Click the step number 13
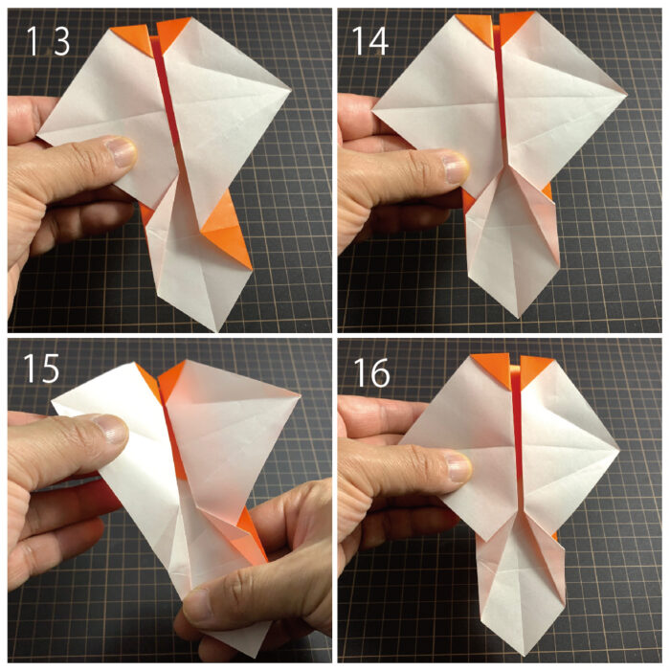click(48, 41)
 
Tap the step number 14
click(370, 41)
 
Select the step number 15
click(41, 368)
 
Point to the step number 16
click(371, 372)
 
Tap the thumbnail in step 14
click(457, 168)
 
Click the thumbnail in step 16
click(458, 467)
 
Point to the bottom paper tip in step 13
click(216, 331)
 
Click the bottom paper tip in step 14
click(518, 317)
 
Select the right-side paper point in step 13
click(291, 90)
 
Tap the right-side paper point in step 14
click(626, 95)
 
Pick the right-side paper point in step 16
click(619, 449)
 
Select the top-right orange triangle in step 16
click(536, 369)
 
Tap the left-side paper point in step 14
click(373, 111)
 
